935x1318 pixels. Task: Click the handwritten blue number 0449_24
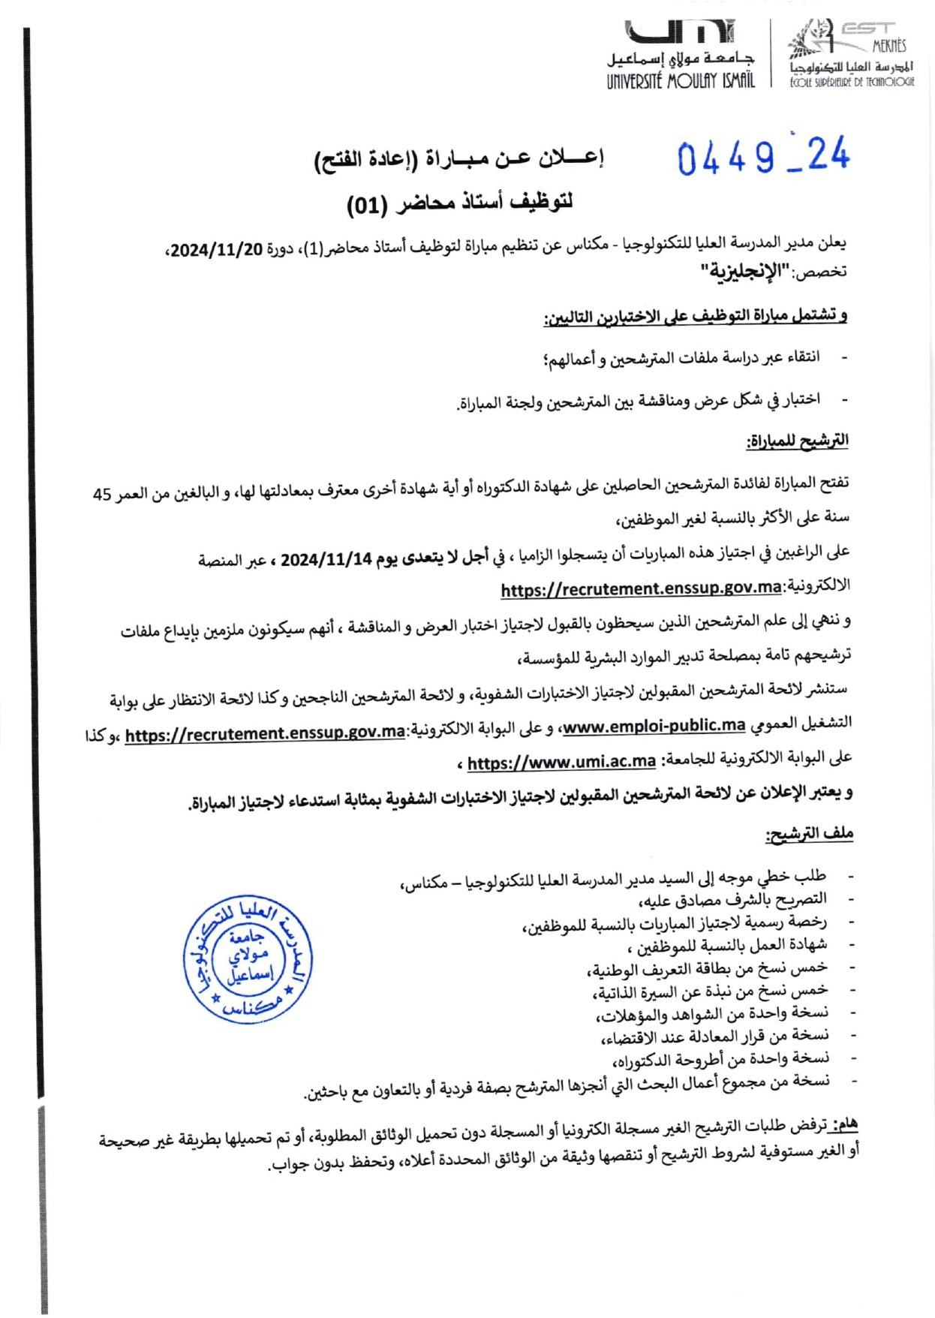[x=763, y=157]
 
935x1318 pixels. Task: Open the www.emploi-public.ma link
[x=654, y=725]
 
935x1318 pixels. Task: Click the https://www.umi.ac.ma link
[x=561, y=763]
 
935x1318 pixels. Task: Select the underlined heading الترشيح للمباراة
[x=797, y=441]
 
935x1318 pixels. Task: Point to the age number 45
[x=102, y=494]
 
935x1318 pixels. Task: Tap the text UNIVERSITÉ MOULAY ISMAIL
[x=681, y=80]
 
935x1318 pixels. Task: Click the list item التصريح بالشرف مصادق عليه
[x=732, y=899]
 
